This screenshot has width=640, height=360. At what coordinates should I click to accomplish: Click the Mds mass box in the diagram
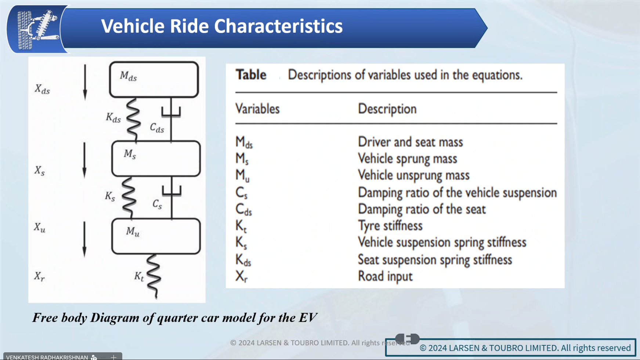(x=154, y=79)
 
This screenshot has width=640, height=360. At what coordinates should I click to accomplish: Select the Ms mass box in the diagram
(x=156, y=159)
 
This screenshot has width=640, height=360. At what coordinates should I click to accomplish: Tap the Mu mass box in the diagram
(x=156, y=236)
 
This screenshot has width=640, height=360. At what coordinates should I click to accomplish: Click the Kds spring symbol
(x=133, y=120)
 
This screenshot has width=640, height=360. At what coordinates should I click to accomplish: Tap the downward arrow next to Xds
(x=85, y=82)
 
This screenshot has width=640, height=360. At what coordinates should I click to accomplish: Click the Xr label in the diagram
(x=40, y=276)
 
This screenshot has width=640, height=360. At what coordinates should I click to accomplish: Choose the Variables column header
(x=257, y=109)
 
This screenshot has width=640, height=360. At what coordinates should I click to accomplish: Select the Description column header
(x=387, y=109)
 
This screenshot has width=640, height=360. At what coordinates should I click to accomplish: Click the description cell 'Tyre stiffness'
(x=390, y=226)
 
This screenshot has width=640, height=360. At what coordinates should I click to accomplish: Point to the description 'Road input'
(x=385, y=276)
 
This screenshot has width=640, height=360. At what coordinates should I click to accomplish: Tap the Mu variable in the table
(x=242, y=175)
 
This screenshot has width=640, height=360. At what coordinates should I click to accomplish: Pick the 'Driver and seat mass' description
(x=410, y=142)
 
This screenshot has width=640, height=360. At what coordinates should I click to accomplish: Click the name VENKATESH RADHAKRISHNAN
(x=47, y=357)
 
